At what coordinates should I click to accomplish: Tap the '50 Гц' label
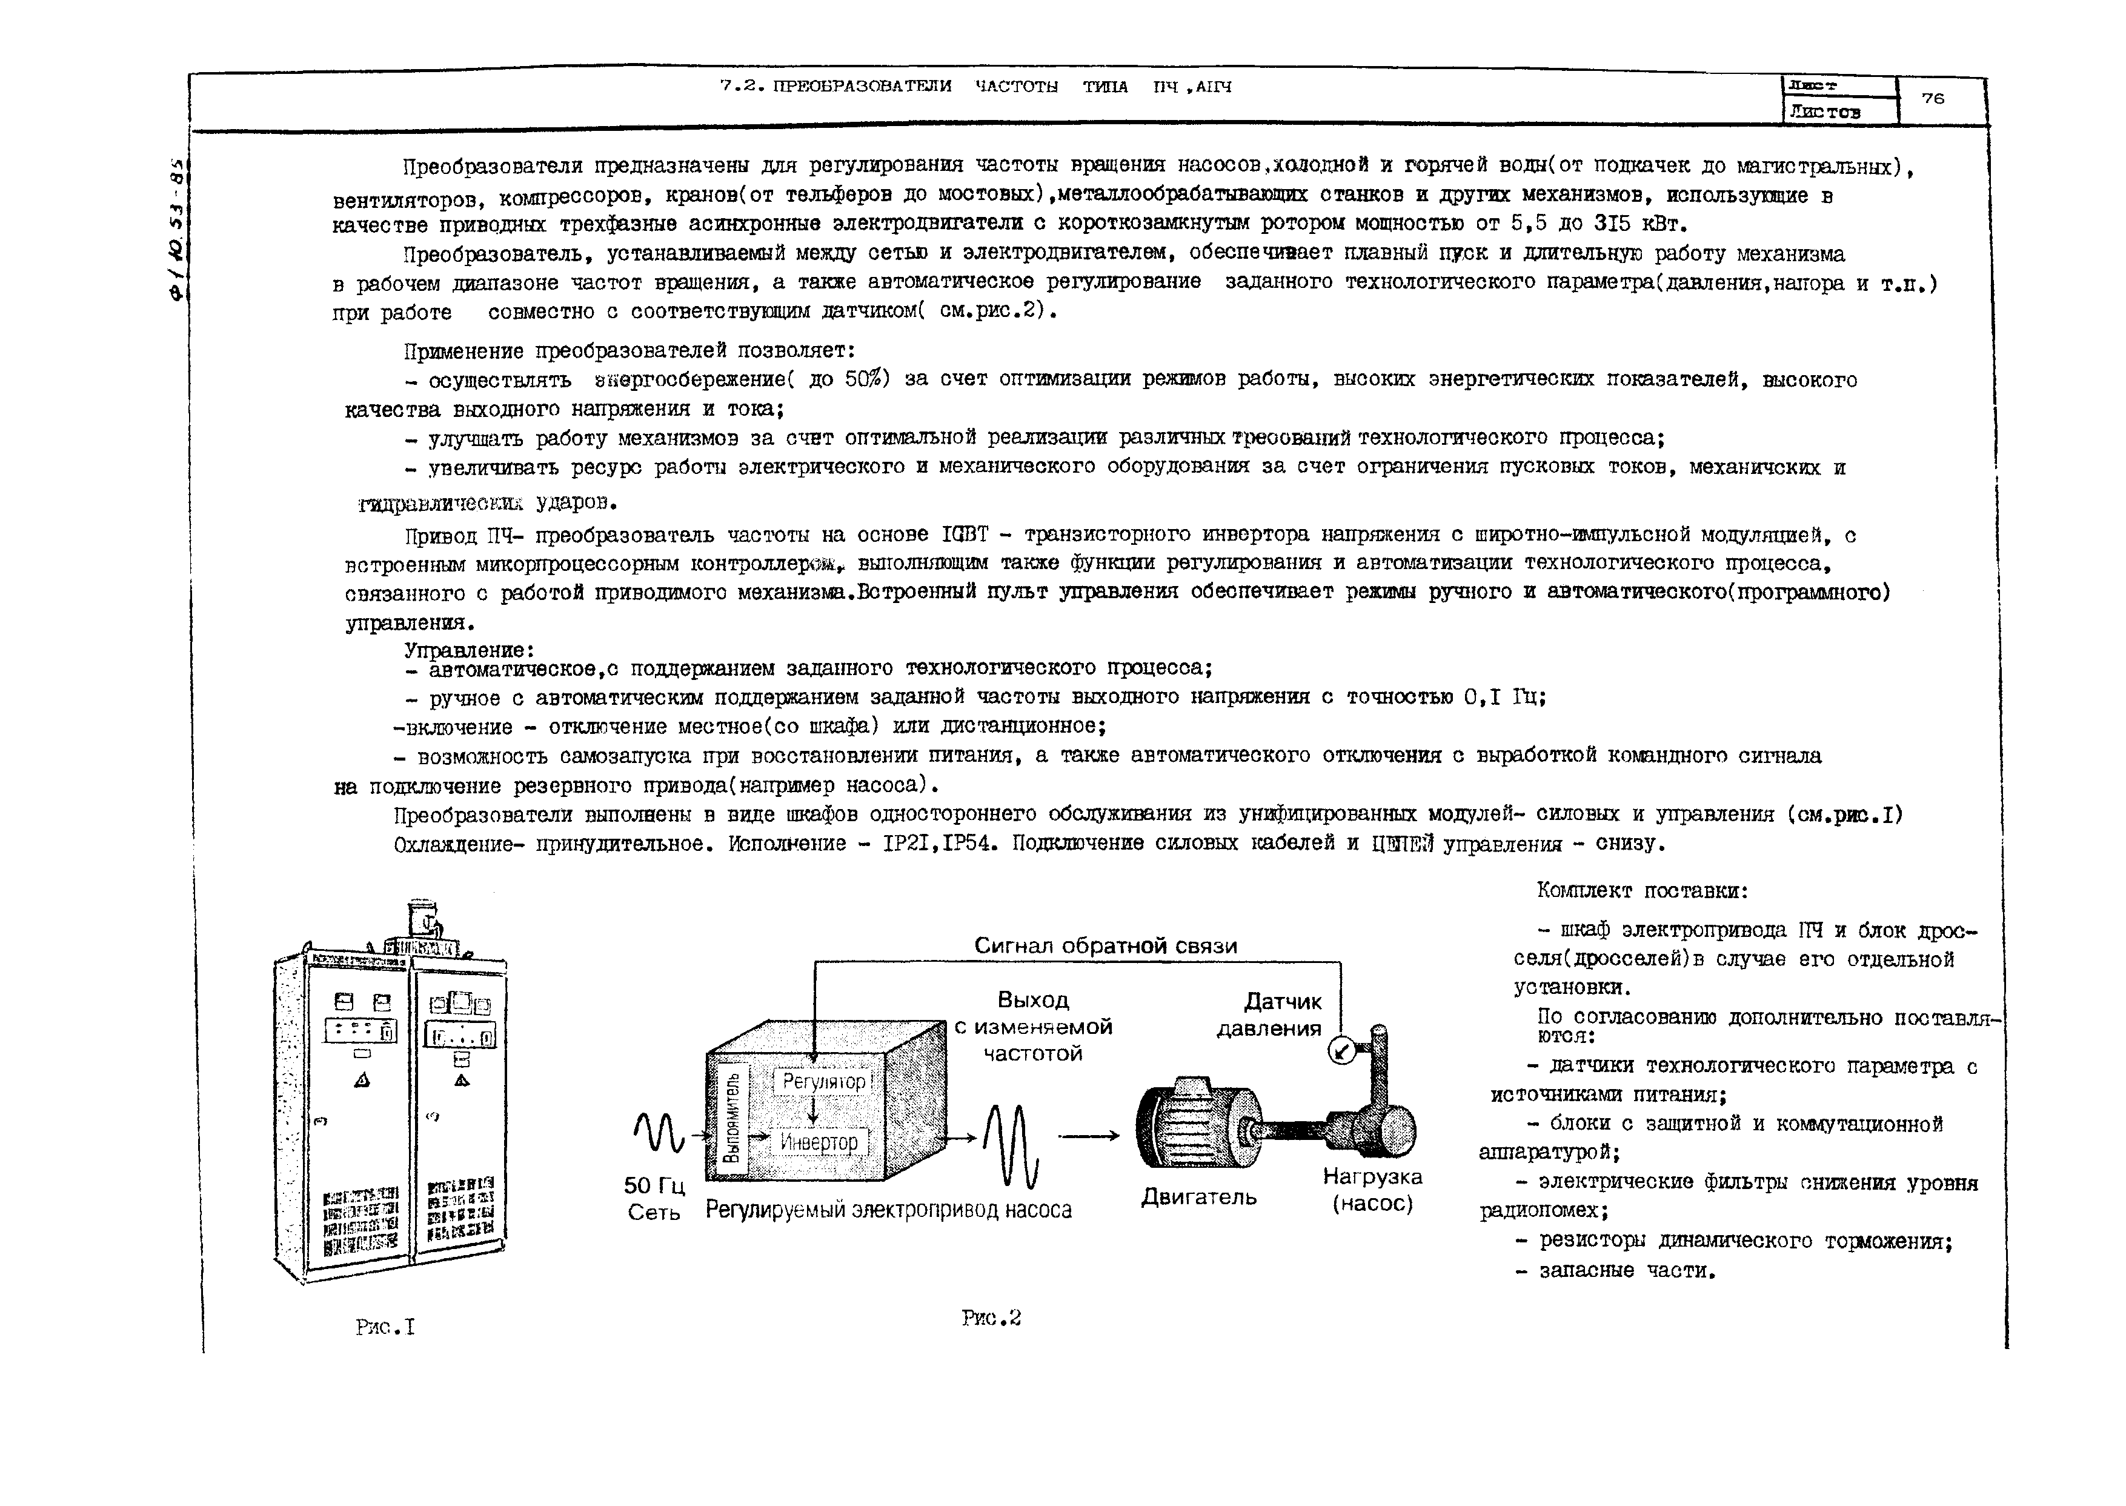(x=654, y=1186)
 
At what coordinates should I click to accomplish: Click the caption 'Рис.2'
(x=990, y=1317)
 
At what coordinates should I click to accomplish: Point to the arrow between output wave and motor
(x=1089, y=1136)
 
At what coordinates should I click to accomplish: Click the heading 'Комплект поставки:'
(x=1642, y=891)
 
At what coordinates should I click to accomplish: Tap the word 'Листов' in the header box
(x=1825, y=112)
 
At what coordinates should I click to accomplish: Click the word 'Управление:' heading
(x=469, y=650)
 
